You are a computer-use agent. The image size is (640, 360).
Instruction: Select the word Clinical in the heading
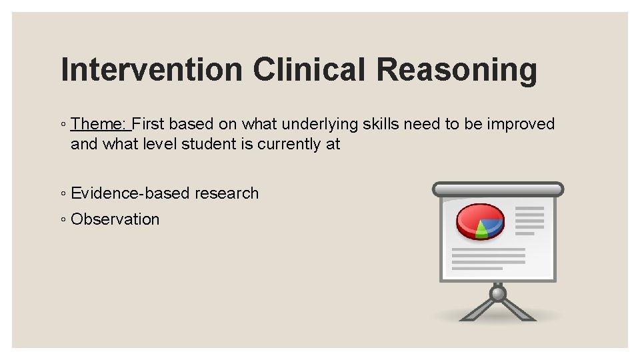309,70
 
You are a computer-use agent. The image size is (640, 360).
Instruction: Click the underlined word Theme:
100,124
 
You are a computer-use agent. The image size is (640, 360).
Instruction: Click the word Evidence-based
131,193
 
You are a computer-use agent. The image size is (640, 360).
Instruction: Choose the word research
227,193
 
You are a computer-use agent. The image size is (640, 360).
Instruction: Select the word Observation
115,219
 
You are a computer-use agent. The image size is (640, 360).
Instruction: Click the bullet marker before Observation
63,220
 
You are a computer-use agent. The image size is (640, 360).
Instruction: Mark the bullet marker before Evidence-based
63,194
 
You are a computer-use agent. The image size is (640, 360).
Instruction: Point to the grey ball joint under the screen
497,293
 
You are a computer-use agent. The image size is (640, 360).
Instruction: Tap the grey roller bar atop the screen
497,189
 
